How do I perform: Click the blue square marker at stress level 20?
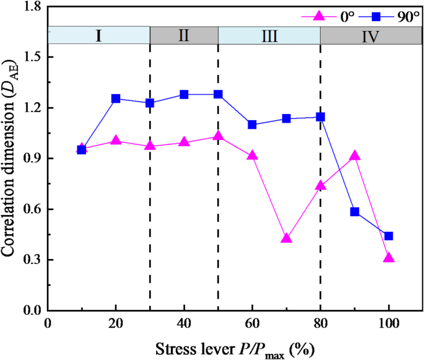pyautogui.click(x=116, y=99)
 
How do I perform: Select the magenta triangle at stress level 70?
pyautogui.click(x=287, y=239)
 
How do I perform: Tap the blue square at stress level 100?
pyautogui.click(x=389, y=236)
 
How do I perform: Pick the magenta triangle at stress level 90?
pyautogui.click(x=355, y=156)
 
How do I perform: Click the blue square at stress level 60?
pyautogui.click(x=252, y=125)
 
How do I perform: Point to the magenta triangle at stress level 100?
pyautogui.click(x=389, y=258)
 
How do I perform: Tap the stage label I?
pyautogui.click(x=98, y=35)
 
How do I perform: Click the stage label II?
pyautogui.click(x=184, y=35)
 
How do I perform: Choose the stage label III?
pyautogui.click(x=269, y=35)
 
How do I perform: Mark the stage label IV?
pyautogui.click(x=371, y=35)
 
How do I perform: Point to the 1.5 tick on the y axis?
pyautogui.click(x=31, y=57)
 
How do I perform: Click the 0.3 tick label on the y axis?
pyautogui.click(x=31, y=260)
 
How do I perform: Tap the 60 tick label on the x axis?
pyautogui.click(x=252, y=323)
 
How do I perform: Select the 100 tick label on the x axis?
pyautogui.click(x=389, y=323)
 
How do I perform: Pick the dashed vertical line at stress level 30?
pyautogui.click(x=150, y=186)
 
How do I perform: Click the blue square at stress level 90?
pyautogui.click(x=355, y=211)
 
